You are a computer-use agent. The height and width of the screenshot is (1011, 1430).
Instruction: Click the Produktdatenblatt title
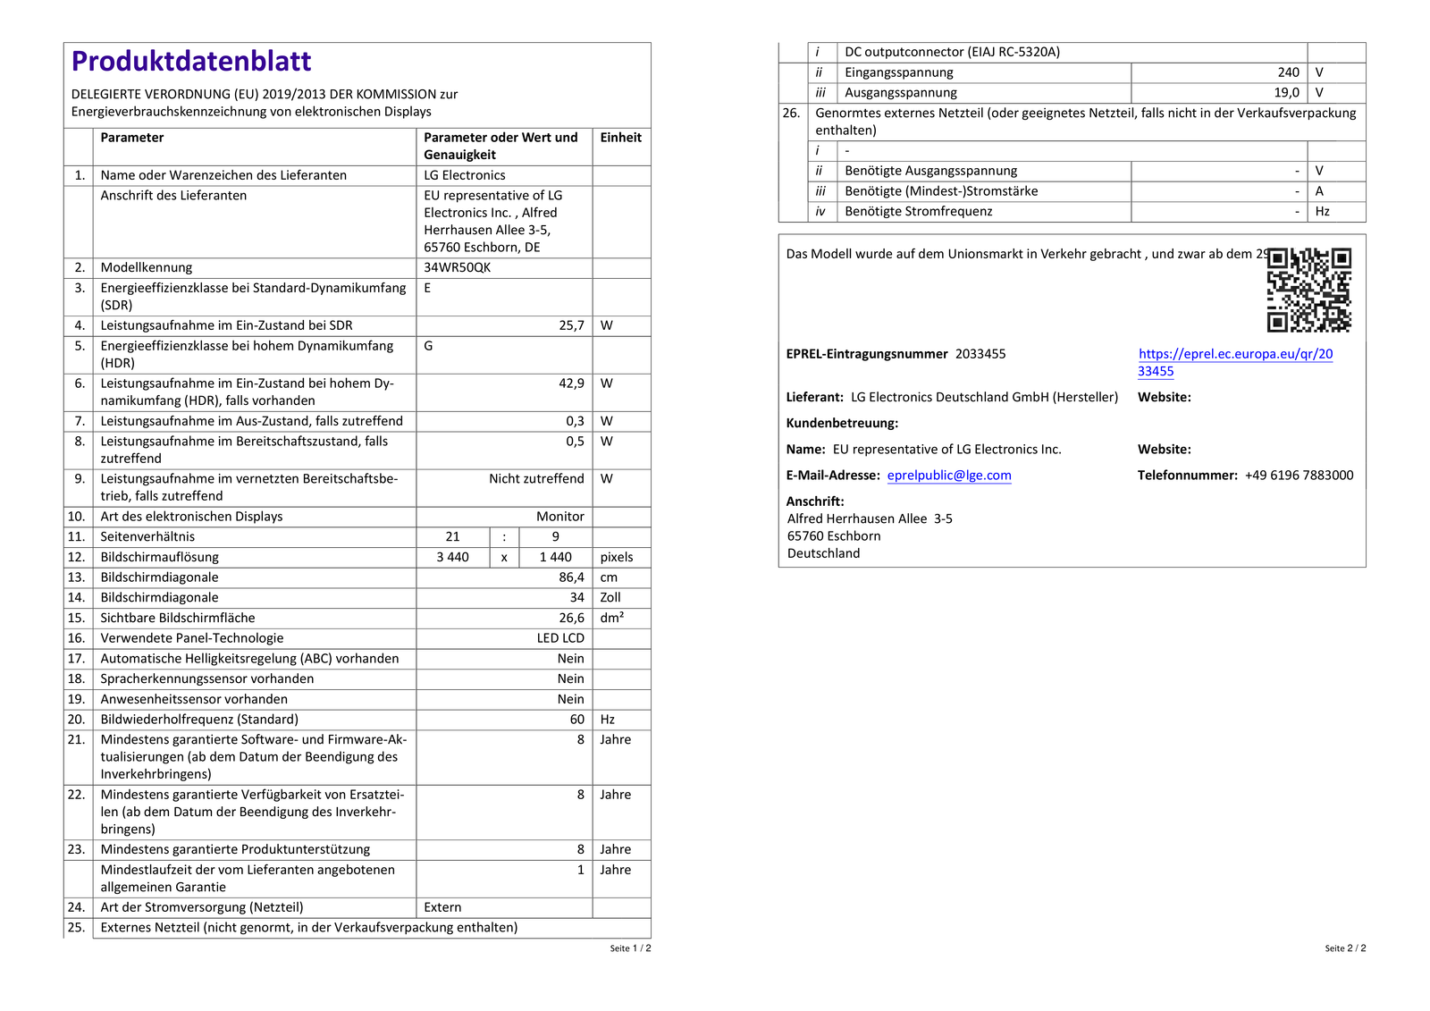point(191,61)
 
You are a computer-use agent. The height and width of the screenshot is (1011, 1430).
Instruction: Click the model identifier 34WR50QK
point(457,267)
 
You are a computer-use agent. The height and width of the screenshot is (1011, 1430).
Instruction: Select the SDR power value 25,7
point(571,325)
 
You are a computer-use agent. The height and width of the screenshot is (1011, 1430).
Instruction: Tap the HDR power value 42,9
point(571,383)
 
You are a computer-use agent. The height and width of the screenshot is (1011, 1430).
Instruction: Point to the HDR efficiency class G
point(428,346)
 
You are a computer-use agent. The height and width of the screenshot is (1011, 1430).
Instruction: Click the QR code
point(1308,290)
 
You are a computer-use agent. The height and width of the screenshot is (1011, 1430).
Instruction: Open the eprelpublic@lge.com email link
point(948,476)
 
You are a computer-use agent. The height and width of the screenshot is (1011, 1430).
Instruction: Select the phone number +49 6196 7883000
point(1299,476)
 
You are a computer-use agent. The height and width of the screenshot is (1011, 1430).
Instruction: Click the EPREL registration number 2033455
point(980,354)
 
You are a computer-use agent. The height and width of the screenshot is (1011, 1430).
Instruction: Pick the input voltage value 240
point(1288,72)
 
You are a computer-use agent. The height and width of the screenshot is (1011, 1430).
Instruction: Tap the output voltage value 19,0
point(1286,93)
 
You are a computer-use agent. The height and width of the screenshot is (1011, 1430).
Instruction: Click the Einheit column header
point(620,138)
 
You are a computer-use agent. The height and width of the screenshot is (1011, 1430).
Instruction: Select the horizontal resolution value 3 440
point(452,557)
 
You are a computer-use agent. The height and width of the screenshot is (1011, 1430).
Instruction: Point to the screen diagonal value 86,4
point(571,577)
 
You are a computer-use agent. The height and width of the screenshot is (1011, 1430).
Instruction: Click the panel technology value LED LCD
point(560,638)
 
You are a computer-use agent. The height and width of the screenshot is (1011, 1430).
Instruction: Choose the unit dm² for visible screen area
point(612,618)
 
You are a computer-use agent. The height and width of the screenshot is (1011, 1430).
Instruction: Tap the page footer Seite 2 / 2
point(1345,948)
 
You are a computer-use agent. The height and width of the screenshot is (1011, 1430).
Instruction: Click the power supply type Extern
point(442,907)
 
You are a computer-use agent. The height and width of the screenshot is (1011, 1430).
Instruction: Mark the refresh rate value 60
point(576,720)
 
